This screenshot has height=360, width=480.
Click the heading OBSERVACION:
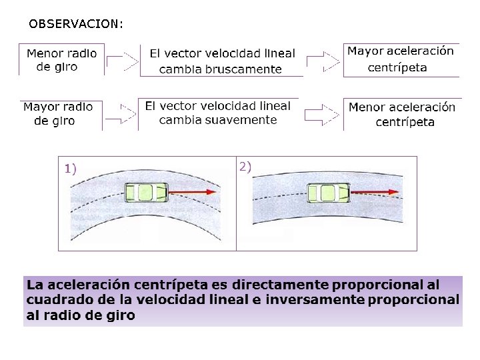point(76,24)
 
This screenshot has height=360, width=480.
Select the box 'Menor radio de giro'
point(61,60)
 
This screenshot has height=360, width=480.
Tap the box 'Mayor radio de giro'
point(58,114)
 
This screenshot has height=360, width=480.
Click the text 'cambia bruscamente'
point(220,69)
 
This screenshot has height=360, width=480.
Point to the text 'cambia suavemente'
point(218,120)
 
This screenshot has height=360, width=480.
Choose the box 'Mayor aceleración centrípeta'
point(400,59)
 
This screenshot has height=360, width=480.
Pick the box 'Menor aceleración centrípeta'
point(402,114)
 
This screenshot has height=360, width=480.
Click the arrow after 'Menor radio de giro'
point(122,63)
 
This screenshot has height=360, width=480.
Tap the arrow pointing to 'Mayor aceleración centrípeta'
point(323,61)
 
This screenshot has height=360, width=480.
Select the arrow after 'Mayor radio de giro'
point(121,114)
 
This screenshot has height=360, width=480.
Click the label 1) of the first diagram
point(71,169)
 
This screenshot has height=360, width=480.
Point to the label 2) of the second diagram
point(245,167)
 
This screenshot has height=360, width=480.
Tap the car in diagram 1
point(146,193)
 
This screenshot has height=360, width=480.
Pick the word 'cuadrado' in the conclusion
point(56,300)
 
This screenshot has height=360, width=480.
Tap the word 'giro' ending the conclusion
point(121,315)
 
